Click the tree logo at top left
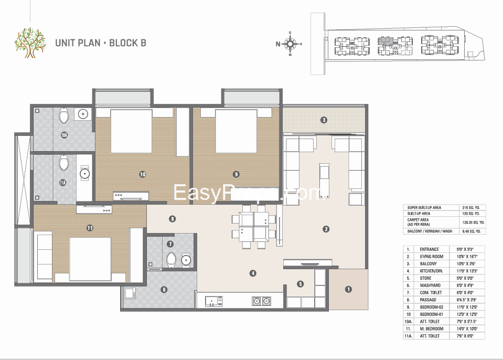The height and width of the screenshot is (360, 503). (x=30, y=43)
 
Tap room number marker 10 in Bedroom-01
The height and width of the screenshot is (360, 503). (x=142, y=174)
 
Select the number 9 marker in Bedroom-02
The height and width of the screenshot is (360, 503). (x=237, y=174)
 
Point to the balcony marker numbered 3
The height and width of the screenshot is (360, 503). (x=324, y=120)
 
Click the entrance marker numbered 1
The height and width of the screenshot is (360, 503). (x=349, y=289)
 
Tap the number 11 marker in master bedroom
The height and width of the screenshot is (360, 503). (x=90, y=228)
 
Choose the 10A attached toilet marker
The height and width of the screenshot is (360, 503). (x=64, y=135)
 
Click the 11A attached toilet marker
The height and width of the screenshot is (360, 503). (x=62, y=183)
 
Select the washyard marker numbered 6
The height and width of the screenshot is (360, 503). (x=164, y=289)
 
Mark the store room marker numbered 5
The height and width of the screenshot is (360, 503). (x=300, y=284)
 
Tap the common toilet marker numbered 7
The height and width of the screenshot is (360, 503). (x=170, y=244)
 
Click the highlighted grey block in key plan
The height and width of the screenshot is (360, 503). (x=386, y=40)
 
